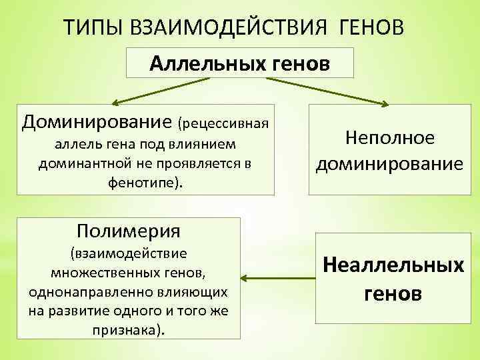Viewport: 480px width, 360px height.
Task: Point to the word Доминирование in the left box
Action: [97, 122]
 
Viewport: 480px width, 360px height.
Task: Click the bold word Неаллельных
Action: [393, 265]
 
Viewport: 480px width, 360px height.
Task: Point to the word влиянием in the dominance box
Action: [211, 144]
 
